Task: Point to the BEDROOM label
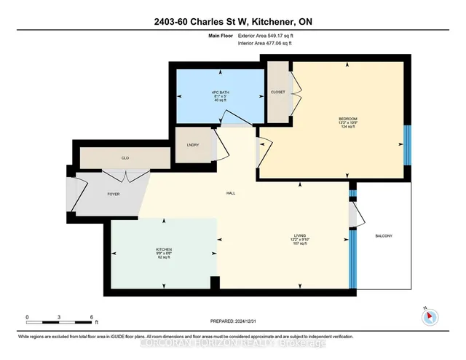347,119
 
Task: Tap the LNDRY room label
193,145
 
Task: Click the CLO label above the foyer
125,156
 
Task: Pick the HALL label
228,193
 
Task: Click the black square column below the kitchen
214,283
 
